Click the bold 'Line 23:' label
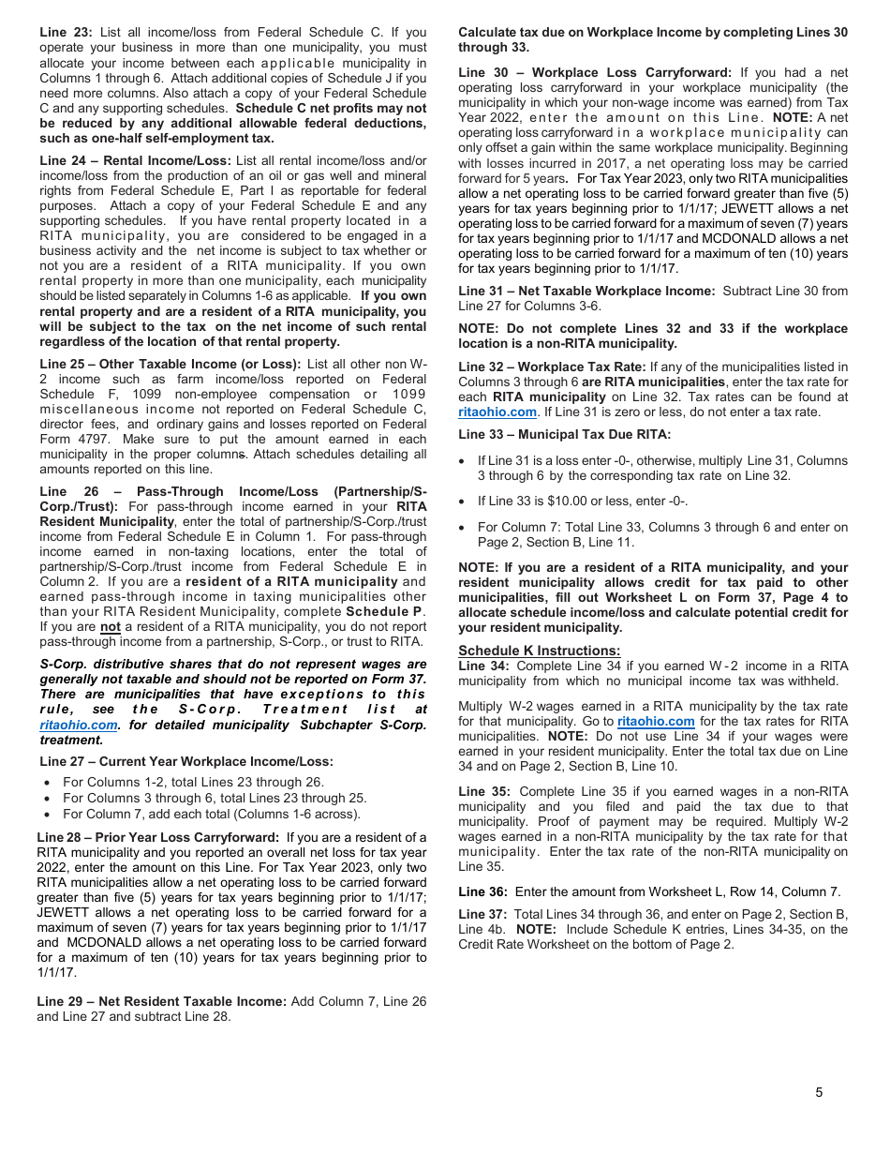pos(66,33)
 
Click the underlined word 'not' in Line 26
pos(111,627)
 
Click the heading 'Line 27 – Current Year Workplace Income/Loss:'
pos(186,761)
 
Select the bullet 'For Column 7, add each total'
pos(211,814)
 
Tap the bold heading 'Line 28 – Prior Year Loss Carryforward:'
pos(157,837)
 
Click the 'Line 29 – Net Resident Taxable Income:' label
pos(161,1001)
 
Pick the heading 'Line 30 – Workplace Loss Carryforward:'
pos(595,72)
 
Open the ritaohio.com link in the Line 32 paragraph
pos(497,412)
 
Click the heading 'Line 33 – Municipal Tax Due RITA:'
pos(564,434)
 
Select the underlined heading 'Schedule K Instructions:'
pos(539,651)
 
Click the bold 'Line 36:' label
pos(482,891)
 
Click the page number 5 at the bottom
pos(819,1092)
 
